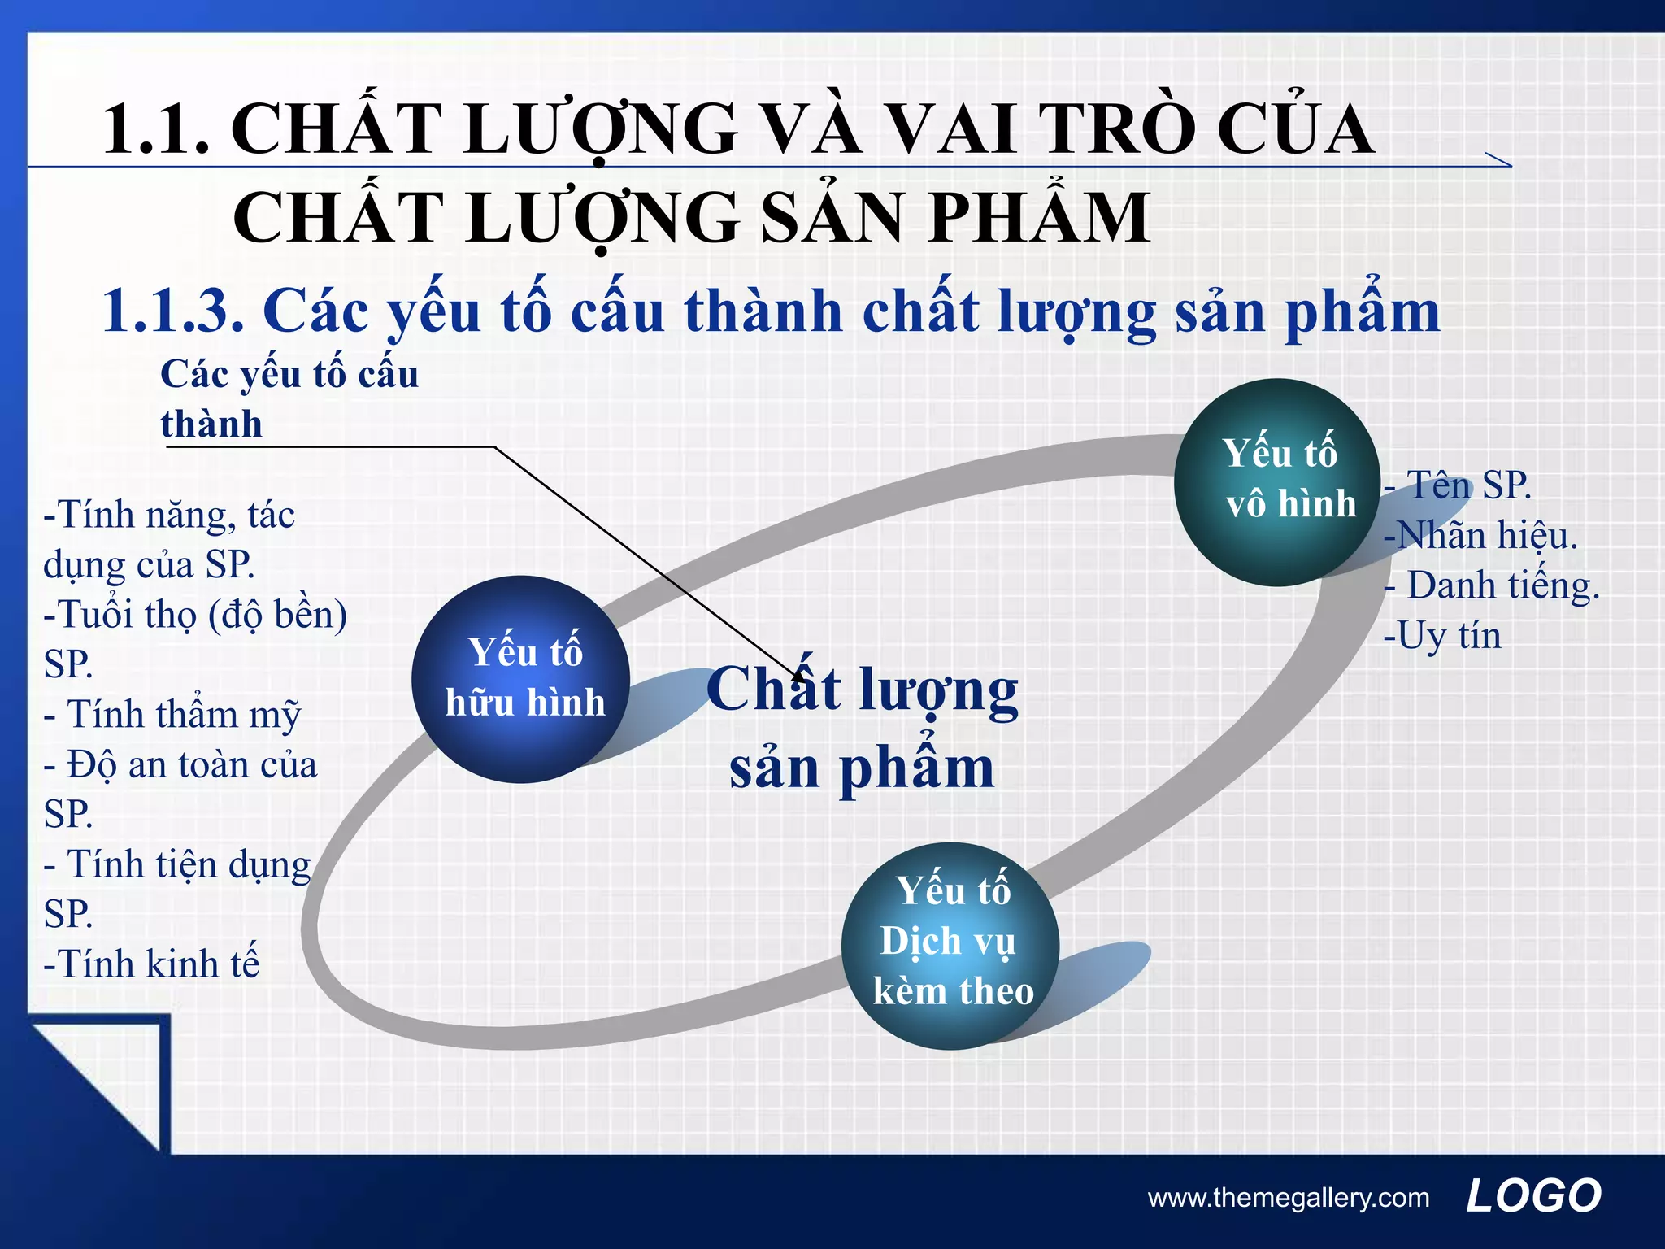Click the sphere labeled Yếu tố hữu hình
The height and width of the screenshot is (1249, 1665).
pyautogui.click(x=521, y=679)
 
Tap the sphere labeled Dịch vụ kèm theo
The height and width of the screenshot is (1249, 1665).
pyautogui.click(x=950, y=945)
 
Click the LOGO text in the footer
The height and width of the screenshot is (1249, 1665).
pyautogui.click(x=1533, y=1196)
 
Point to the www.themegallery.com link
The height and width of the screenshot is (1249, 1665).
pyautogui.click(x=1288, y=1198)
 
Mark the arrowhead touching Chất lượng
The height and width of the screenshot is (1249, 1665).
pyautogui.click(x=797, y=673)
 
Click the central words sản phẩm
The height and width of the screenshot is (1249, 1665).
pyautogui.click(x=862, y=768)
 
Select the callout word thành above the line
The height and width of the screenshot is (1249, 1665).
pyautogui.click(x=211, y=424)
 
